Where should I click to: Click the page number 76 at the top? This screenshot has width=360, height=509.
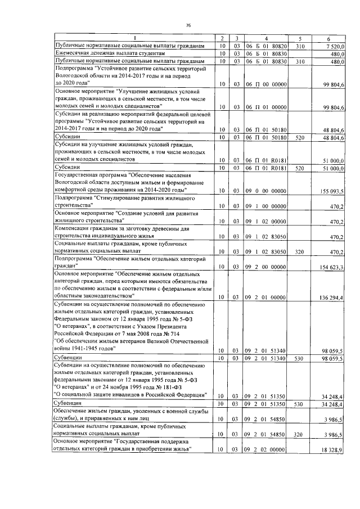pos(189,25)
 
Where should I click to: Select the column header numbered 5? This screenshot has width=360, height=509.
pos(300,37)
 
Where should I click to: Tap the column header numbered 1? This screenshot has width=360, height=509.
pos(134,37)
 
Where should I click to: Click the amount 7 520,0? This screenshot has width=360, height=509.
pos(334,46)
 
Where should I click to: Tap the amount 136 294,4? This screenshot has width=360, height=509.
pos(332,296)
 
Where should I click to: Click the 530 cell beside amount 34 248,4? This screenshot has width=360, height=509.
pos(300,403)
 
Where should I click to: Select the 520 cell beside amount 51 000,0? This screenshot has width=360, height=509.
pos(300,168)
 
